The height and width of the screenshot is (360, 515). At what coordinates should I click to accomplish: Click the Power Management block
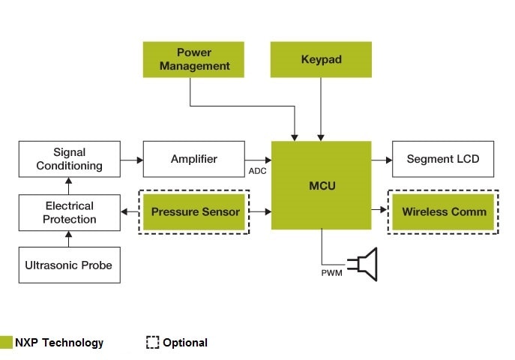pos(193,58)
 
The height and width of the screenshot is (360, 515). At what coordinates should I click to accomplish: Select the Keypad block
pos(321,58)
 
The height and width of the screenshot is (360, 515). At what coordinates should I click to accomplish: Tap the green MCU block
pos(321,184)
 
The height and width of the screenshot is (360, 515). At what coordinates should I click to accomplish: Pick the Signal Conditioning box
pos(69,159)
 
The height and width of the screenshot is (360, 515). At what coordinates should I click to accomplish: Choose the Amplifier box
pos(193,159)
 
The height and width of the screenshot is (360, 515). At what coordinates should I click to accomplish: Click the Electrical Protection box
pos(69,212)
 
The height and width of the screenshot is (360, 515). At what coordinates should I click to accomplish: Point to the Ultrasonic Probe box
pos(69,265)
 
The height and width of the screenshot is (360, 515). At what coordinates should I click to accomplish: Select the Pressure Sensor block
pos(195,212)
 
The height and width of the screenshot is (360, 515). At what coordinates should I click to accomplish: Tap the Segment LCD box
pos(442,159)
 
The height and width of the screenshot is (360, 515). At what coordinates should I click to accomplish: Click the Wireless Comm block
pos(443,212)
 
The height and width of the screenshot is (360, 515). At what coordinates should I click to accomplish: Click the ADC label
pos(257,172)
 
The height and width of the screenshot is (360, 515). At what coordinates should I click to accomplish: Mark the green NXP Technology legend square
pos(7,343)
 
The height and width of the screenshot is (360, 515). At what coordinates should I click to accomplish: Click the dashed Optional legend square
pos(152,343)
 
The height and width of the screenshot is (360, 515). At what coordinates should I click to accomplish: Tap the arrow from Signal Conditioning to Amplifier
pos(131,159)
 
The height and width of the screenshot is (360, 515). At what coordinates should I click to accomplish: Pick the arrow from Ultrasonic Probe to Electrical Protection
pos(69,238)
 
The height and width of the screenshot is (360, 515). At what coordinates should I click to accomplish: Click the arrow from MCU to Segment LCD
pos(382,159)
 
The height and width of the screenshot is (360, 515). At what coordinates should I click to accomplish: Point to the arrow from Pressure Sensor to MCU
pos(260,212)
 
